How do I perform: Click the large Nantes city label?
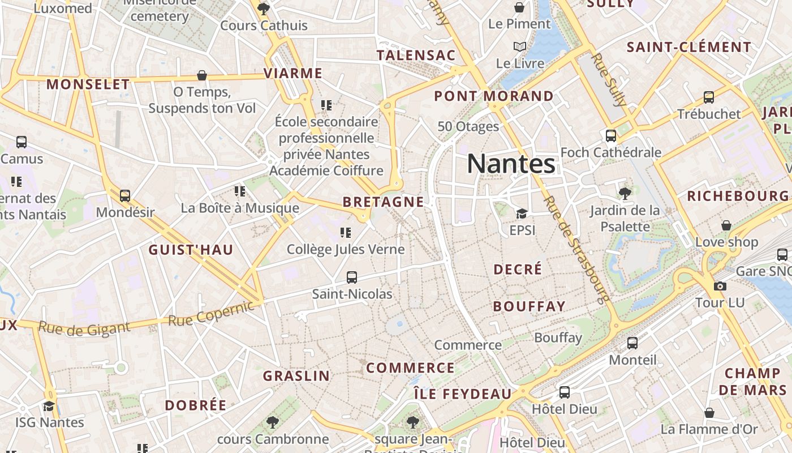point(511,164)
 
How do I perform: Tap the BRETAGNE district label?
point(383,202)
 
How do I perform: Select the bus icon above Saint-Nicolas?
point(352,277)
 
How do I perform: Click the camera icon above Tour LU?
point(720,286)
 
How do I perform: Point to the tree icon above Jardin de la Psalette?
point(625,194)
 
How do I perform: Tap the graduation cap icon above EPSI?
point(522,213)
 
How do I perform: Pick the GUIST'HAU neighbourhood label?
point(191,250)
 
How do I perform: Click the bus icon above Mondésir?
point(125,196)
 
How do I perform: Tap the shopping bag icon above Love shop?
point(726,225)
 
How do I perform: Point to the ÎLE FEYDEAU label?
point(462,394)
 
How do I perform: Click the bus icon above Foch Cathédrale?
point(611,136)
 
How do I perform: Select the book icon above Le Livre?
point(519,46)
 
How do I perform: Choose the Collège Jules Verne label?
point(346,249)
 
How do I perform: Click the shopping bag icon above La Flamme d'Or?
point(709,413)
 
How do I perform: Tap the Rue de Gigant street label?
point(84,328)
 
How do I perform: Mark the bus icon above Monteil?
point(632,343)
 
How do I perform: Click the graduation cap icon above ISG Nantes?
point(49,406)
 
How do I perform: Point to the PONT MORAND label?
point(493,96)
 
